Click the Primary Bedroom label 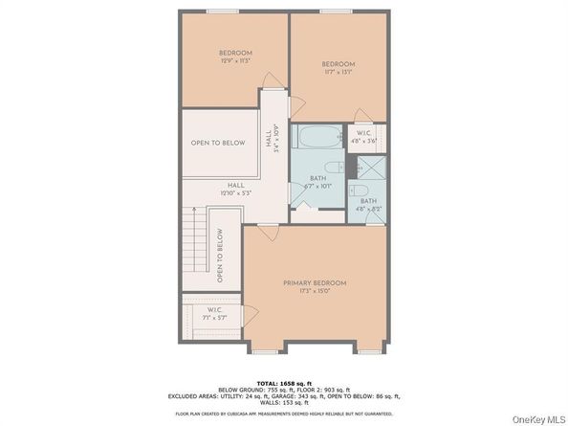click(x=314, y=283)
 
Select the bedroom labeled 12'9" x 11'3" click(x=233, y=57)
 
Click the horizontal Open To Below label click(x=218, y=143)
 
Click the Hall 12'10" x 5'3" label click(x=236, y=189)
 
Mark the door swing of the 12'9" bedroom click(x=272, y=81)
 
